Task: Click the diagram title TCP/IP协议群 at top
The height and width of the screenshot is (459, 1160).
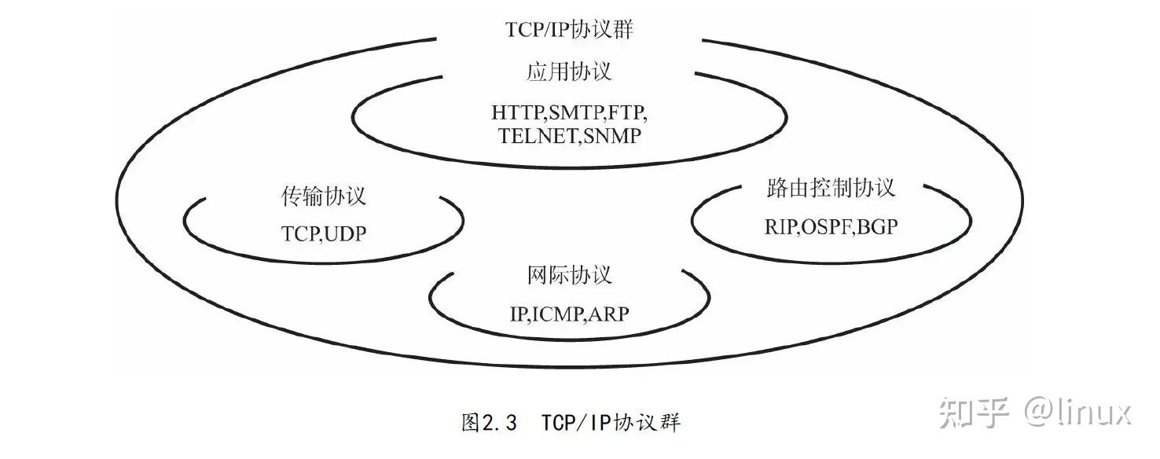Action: pos(568,30)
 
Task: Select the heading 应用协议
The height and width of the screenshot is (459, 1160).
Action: pos(568,72)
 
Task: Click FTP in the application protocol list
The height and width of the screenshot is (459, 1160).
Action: pos(630,112)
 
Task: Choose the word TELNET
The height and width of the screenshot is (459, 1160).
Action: pos(538,136)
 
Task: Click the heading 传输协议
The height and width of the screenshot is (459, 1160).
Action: pos(323,196)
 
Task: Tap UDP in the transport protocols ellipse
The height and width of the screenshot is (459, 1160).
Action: pos(344,234)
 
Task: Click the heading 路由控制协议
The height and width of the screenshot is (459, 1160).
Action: pos(831,189)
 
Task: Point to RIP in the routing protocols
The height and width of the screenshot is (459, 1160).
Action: pos(781,228)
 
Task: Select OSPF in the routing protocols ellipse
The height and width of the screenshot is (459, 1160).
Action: pos(828,228)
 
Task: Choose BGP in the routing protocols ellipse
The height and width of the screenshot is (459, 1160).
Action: pos(878,228)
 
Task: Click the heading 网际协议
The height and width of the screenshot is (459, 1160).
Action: pos(569,275)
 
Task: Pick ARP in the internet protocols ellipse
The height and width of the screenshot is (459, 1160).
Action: pos(609,315)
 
